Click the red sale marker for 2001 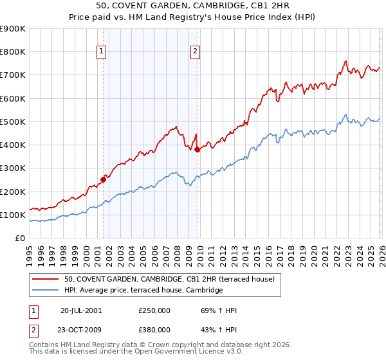click(103, 180)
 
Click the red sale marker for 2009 click(197, 150)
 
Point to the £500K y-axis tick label click(13, 122)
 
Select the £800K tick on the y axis click(13, 52)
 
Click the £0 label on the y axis click(19, 238)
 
